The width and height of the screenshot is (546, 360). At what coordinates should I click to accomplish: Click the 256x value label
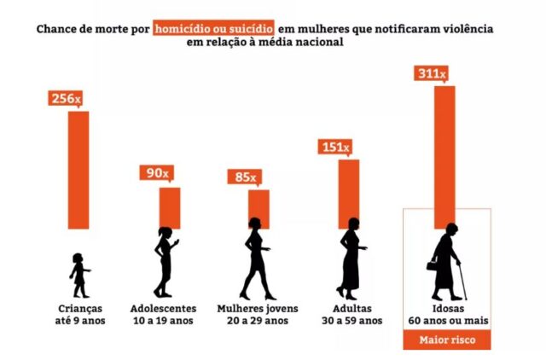(x=66, y=99)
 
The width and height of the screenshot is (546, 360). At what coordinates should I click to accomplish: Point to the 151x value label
(x=334, y=148)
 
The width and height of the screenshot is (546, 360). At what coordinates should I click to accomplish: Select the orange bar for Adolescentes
(x=170, y=207)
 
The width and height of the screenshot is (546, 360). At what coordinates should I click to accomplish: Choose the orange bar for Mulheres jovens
(x=258, y=209)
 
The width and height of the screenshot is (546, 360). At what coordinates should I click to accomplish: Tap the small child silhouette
(x=79, y=274)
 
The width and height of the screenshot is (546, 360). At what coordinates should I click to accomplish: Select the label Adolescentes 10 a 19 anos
(x=164, y=314)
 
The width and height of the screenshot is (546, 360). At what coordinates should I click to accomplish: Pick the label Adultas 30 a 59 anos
(x=351, y=314)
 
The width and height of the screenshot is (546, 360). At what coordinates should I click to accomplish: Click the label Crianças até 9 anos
(x=77, y=314)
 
